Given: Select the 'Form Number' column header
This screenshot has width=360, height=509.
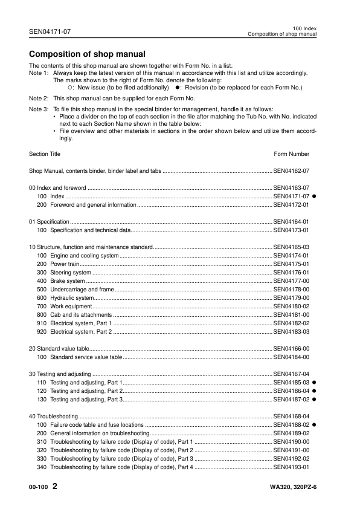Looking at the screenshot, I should coord(292,154).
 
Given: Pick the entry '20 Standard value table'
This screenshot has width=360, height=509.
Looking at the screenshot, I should coord(59,349).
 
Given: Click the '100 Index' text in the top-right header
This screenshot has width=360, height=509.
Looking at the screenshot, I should coord(304,28).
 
